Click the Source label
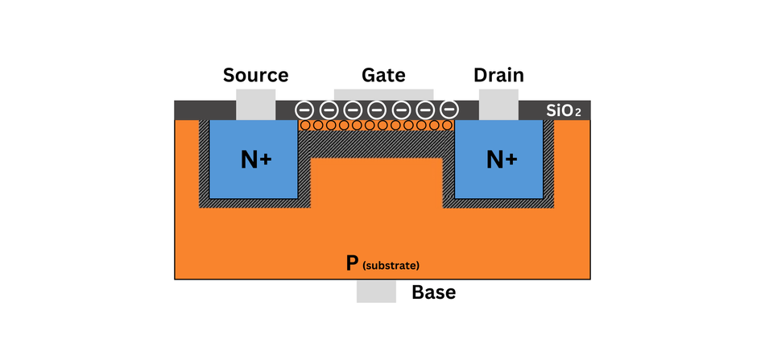click(x=255, y=76)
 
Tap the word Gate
click(x=383, y=76)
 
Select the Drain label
click(x=498, y=76)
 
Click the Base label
click(x=433, y=292)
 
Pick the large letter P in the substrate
click(x=351, y=263)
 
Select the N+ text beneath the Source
click(x=256, y=160)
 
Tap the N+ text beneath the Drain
click(x=502, y=160)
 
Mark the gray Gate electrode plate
click(x=383, y=94)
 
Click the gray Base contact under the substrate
click(x=376, y=292)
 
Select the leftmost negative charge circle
click(x=304, y=110)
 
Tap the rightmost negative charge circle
click(x=449, y=110)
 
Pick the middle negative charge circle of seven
click(x=377, y=110)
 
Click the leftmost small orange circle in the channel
click(x=304, y=126)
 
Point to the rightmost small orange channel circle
click(x=449, y=126)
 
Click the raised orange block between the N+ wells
click(x=376, y=181)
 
